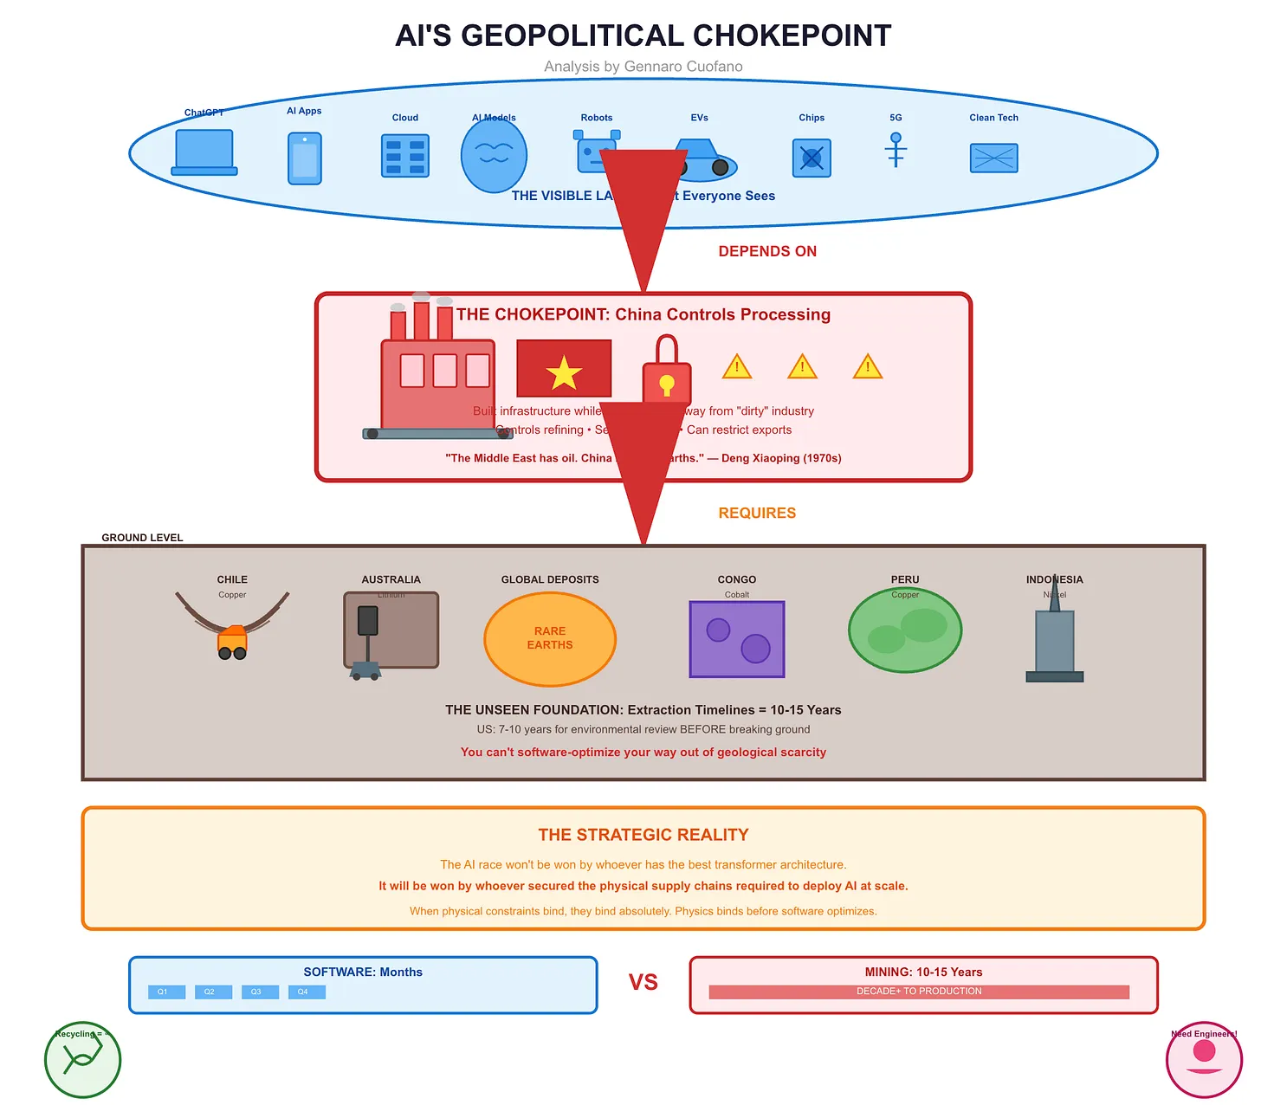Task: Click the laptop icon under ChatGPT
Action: tap(204, 152)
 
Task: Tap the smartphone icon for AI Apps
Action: tap(305, 158)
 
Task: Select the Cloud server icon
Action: tap(405, 157)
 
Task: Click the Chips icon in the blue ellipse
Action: tap(812, 158)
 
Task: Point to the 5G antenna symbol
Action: tap(896, 150)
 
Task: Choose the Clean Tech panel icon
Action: tap(993, 158)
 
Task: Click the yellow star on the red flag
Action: tap(564, 372)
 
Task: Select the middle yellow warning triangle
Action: tap(802, 367)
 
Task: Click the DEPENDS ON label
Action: tap(767, 251)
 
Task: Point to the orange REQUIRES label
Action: tap(757, 513)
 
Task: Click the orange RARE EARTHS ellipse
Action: tap(550, 639)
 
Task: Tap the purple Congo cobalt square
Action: tap(737, 639)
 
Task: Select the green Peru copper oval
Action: tap(905, 630)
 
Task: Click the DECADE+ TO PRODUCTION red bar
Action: tap(919, 992)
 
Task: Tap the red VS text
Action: tap(643, 982)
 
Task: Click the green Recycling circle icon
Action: tap(82, 1060)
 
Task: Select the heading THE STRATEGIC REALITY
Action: tap(643, 835)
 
